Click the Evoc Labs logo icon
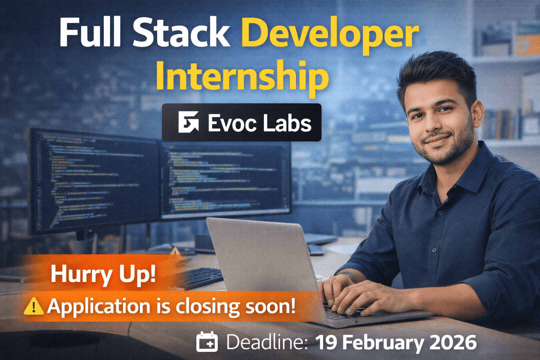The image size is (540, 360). click(x=188, y=122)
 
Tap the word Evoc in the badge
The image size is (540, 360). click(x=232, y=123)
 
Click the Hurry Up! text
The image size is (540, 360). click(x=103, y=274)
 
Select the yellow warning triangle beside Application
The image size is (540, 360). click(x=34, y=306)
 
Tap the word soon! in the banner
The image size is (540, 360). click(x=270, y=306)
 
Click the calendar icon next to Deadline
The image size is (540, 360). click(x=207, y=342)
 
